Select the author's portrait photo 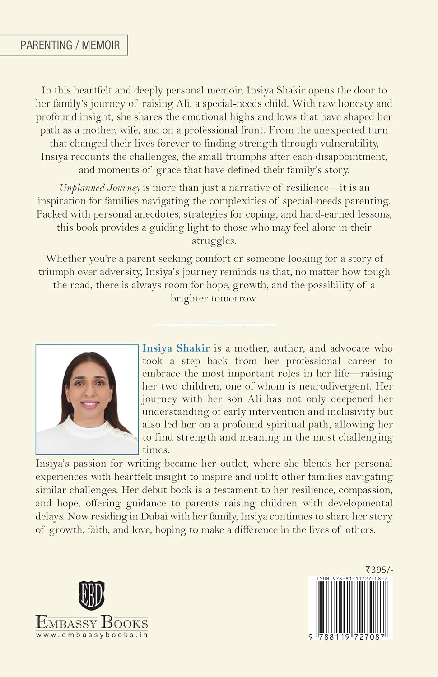87,399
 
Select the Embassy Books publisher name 92,623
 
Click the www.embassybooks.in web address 92,635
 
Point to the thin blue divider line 215,325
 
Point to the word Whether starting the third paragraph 67,259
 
